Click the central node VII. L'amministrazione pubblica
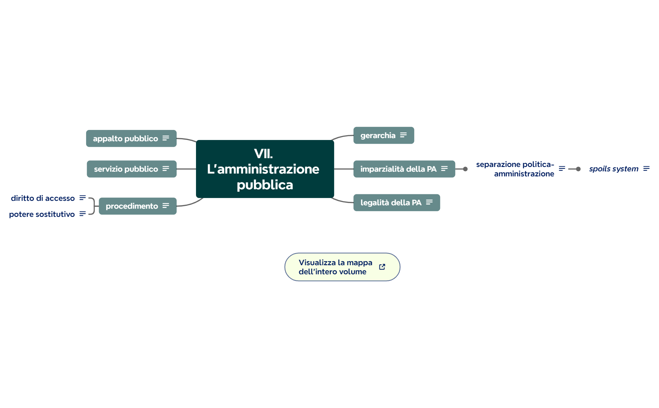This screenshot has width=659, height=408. [x=265, y=169]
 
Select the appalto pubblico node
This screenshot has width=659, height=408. [x=125, y=138]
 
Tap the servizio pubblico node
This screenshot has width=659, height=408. [x=126, y=169]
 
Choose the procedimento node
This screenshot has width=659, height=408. [x=132, y=206]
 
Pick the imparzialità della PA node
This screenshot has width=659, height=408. [x=398, y=169]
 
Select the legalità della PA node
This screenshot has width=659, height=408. [x=391, y=202]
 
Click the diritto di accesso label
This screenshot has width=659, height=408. [x=43, y=198]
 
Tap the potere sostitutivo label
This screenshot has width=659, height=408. [x=42, y=214]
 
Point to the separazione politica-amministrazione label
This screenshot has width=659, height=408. [x=515, y=169]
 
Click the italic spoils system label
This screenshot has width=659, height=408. [x=613, y=169]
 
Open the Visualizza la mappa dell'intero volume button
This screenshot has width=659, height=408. [x=335, y=267]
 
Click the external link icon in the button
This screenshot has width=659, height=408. [x=382, y=267]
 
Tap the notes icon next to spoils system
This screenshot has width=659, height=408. [x=646, y=169]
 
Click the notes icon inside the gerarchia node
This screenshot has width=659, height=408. [x=403, y=135]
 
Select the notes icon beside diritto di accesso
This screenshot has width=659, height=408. [x=82, y=198]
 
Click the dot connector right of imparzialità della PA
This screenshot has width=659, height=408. [x=465, y=169]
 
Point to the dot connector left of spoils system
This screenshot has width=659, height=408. [x=578, y=169]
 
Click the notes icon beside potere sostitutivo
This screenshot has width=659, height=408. [x=82, y=214]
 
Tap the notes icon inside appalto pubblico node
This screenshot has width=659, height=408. [x=166, y=138]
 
